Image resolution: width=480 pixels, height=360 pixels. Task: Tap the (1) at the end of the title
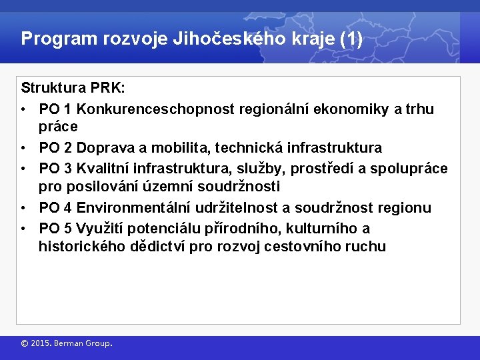(351, 39)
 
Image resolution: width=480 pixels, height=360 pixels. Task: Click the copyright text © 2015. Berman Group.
(67, 344)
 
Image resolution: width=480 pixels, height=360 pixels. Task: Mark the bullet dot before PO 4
(23, 208)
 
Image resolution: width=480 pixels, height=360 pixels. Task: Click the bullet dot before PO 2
(23, 147)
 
